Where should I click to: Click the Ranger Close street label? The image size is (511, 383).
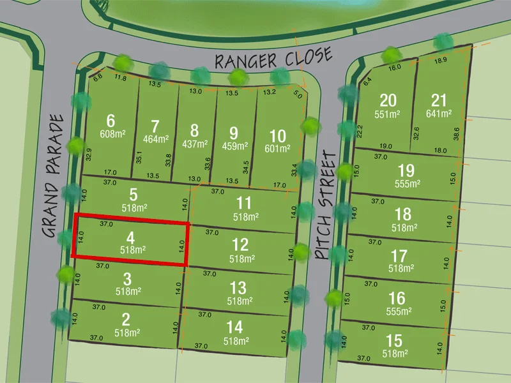(273, 59)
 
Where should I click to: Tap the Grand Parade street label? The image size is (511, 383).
(56, 176)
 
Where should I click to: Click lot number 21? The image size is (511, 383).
(439, 101)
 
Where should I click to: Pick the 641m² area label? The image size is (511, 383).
(439, 114)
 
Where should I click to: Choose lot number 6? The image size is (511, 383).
(111, 121)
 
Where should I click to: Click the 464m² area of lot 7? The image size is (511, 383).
(156, 139)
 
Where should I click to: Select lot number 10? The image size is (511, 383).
(277, 136)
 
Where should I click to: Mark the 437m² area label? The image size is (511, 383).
(195, 144)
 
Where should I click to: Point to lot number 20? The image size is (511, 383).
(388, 101)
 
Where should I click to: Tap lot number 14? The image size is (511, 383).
(235, 327)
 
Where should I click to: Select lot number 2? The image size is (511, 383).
(126, 319)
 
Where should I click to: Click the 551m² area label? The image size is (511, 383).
(387, 115)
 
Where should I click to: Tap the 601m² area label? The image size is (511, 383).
(277, 149)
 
